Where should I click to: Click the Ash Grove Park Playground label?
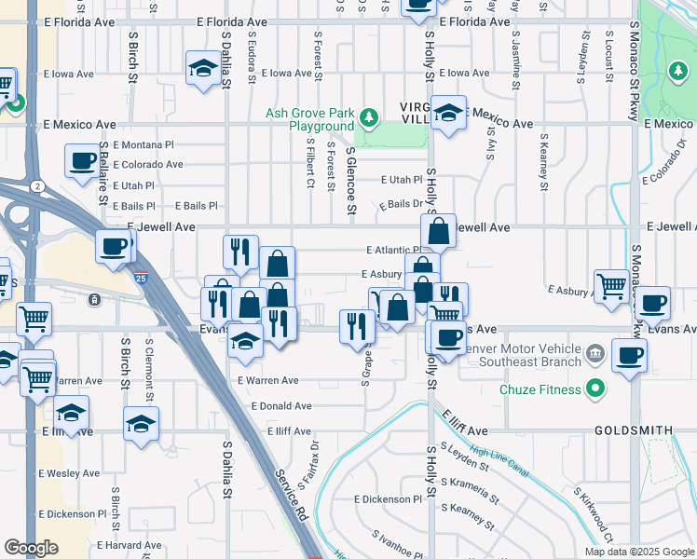click(x=309, y=119)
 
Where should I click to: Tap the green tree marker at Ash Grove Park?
click(x=370, y=117)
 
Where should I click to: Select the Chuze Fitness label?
click(x=540, y=389)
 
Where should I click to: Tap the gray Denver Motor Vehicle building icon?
click(x=596, y=355)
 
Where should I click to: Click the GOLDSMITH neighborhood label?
click(x=632, y=431)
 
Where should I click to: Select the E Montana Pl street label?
click(x=143, y=144)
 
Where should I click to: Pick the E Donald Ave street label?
click(x=280, y=406)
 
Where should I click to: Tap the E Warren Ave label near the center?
click(x=267, y=380)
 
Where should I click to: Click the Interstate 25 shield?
click(x=139, y=277)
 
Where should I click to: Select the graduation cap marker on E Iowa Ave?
click(x=202, y=68)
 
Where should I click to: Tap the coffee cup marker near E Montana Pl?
click(x=80, y=160)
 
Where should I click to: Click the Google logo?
click(x=31, y=548)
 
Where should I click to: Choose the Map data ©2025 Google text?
click(x=638, y=552)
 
